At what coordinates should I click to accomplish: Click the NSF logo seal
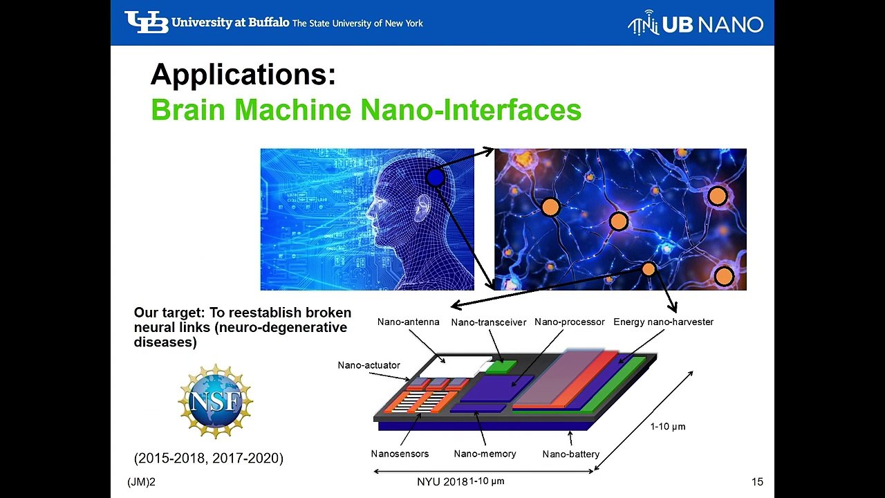click(x=216, y=401)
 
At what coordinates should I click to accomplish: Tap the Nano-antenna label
click(x=408, y=322)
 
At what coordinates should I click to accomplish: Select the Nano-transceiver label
click(x=488, y=322)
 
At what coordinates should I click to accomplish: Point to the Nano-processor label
click(x=569, y=322)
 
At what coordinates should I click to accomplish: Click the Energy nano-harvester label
click(x=663, y=322)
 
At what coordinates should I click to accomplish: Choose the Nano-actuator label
click(x=369, y=365)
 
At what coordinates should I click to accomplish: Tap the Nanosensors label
click(x=400, y=454)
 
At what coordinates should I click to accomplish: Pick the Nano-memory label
click(x=485, y=454)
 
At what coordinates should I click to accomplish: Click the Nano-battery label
click(x=570, y=454)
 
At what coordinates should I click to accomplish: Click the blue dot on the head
click(x=435, y=178)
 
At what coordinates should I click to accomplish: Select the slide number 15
click(x=757, y=482)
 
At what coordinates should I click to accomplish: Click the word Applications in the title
click(x=243, y=75)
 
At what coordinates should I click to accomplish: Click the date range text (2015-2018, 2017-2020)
click(x=209, y=458)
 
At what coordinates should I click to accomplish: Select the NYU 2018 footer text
click(x=442, y=482)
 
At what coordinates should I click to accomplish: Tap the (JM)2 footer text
click(x=141, y=482)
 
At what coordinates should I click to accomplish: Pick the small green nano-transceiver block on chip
click(x=502, y=366)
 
